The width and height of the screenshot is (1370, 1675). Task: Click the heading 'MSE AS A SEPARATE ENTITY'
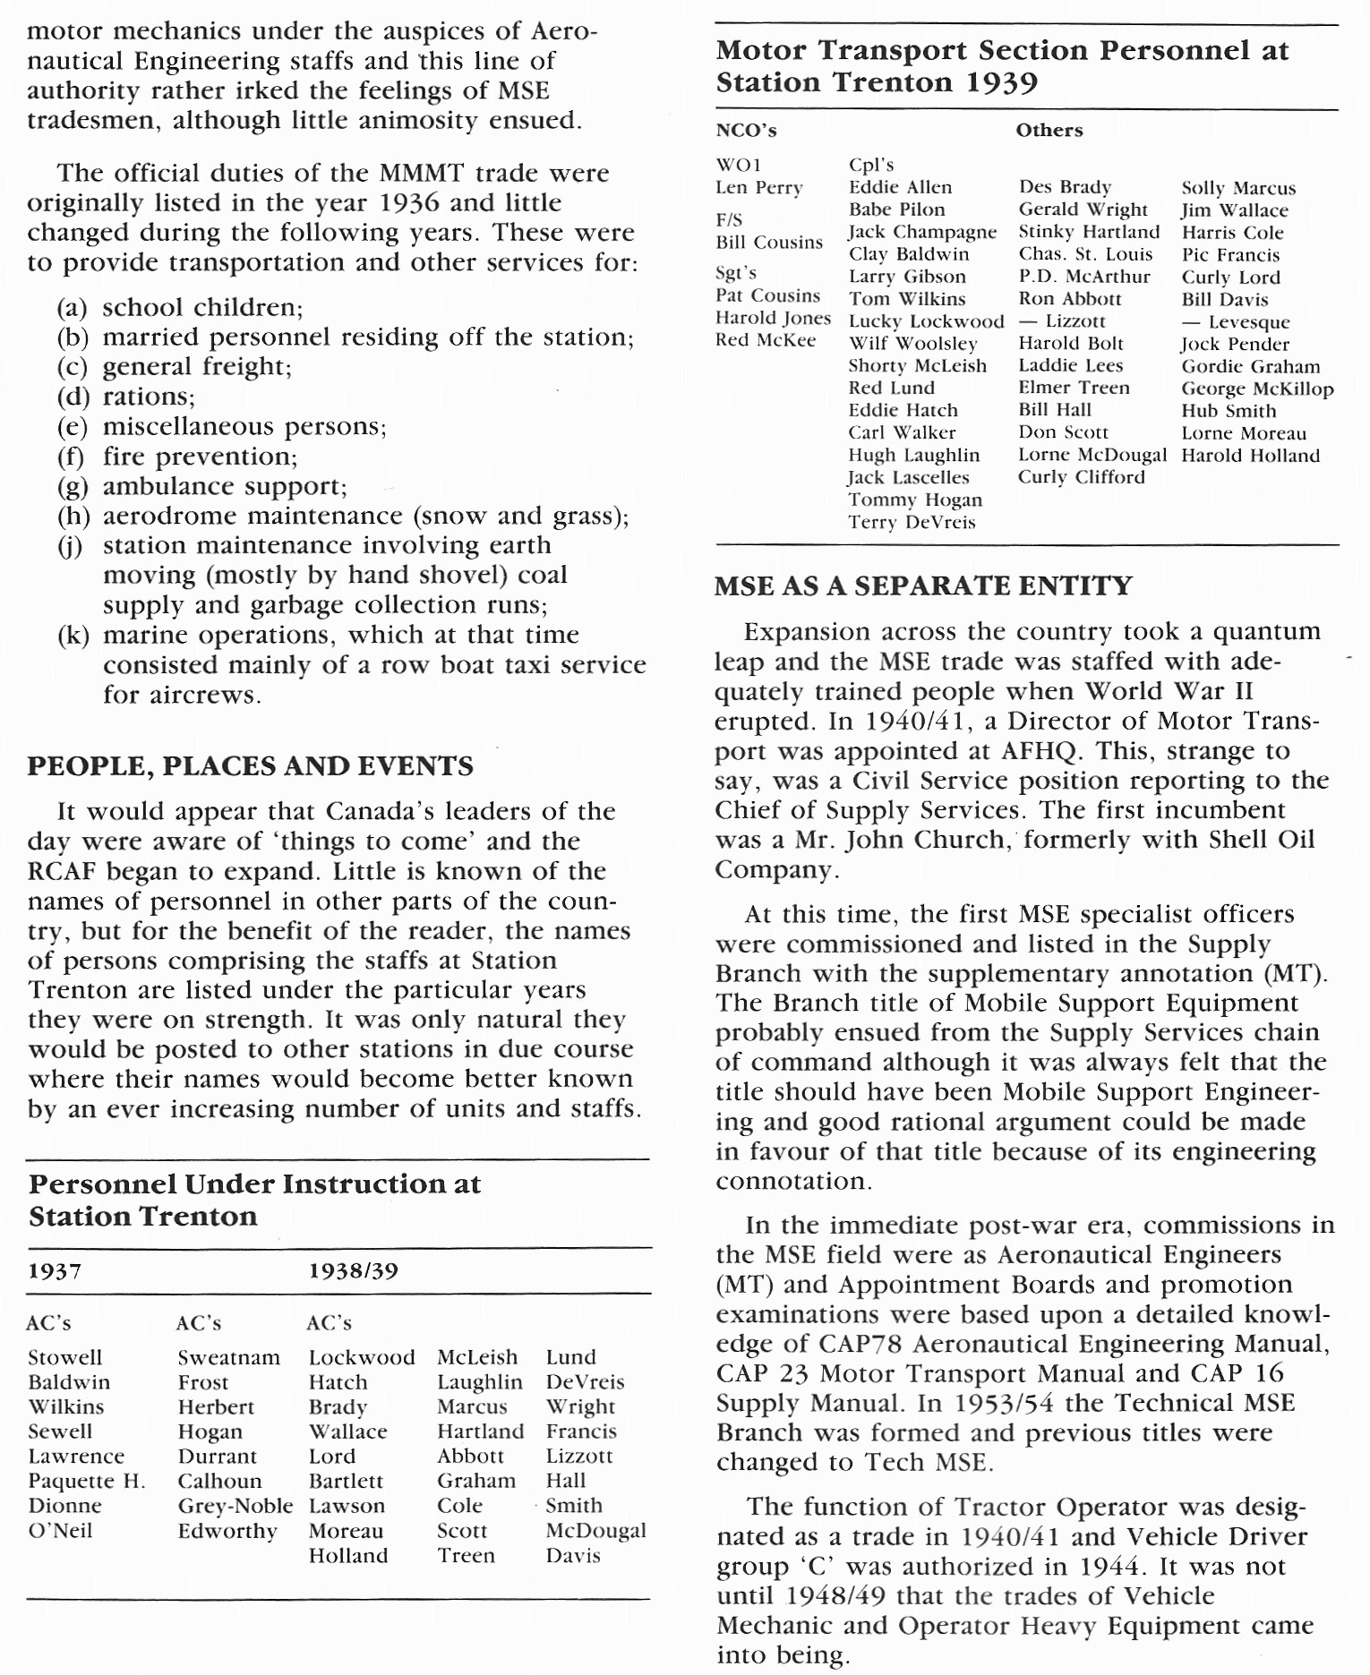tap(923, 585)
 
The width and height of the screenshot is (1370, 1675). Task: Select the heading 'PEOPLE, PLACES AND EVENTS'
tap(250, 766)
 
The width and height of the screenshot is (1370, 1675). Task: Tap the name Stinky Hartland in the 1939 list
tap(1089, 232)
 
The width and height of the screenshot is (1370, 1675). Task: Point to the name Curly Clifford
tap(1081, 477)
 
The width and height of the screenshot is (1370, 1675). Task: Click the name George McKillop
tap(1257, 389)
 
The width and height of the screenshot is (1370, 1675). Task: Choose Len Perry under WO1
tap(758, 188)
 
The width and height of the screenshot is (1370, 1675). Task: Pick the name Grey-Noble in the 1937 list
tap(235, 1506)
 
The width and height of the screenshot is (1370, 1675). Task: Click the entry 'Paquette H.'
tap(86, 1481)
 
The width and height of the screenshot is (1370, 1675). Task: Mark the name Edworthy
tap(227, 1531)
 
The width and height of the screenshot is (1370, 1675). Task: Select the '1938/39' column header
tap(353, 1271)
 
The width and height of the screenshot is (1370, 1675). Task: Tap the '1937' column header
tap(55, 1271)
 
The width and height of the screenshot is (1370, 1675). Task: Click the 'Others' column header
tap(1049, 131)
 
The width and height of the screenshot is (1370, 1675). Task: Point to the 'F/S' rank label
tap(729, 220)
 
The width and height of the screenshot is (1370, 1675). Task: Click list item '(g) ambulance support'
tap(202, 486)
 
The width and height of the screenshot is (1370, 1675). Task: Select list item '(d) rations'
tap(125, 397)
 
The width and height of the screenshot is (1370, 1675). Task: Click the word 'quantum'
tap(1266, 631)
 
